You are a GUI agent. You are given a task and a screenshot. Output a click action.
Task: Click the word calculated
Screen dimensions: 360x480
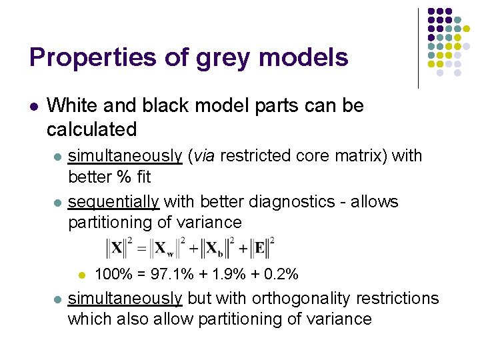pyautogui.click(x=92, y=129)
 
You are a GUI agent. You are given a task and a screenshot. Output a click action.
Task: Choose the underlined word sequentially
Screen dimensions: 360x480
pyautogui.click(x=113, y=202)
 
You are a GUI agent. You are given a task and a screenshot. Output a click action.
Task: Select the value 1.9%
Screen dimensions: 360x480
pyautogui.click(x=230, y=274)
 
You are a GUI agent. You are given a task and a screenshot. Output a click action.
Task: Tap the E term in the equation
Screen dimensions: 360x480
pyautogui.click(x=260, y=249)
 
